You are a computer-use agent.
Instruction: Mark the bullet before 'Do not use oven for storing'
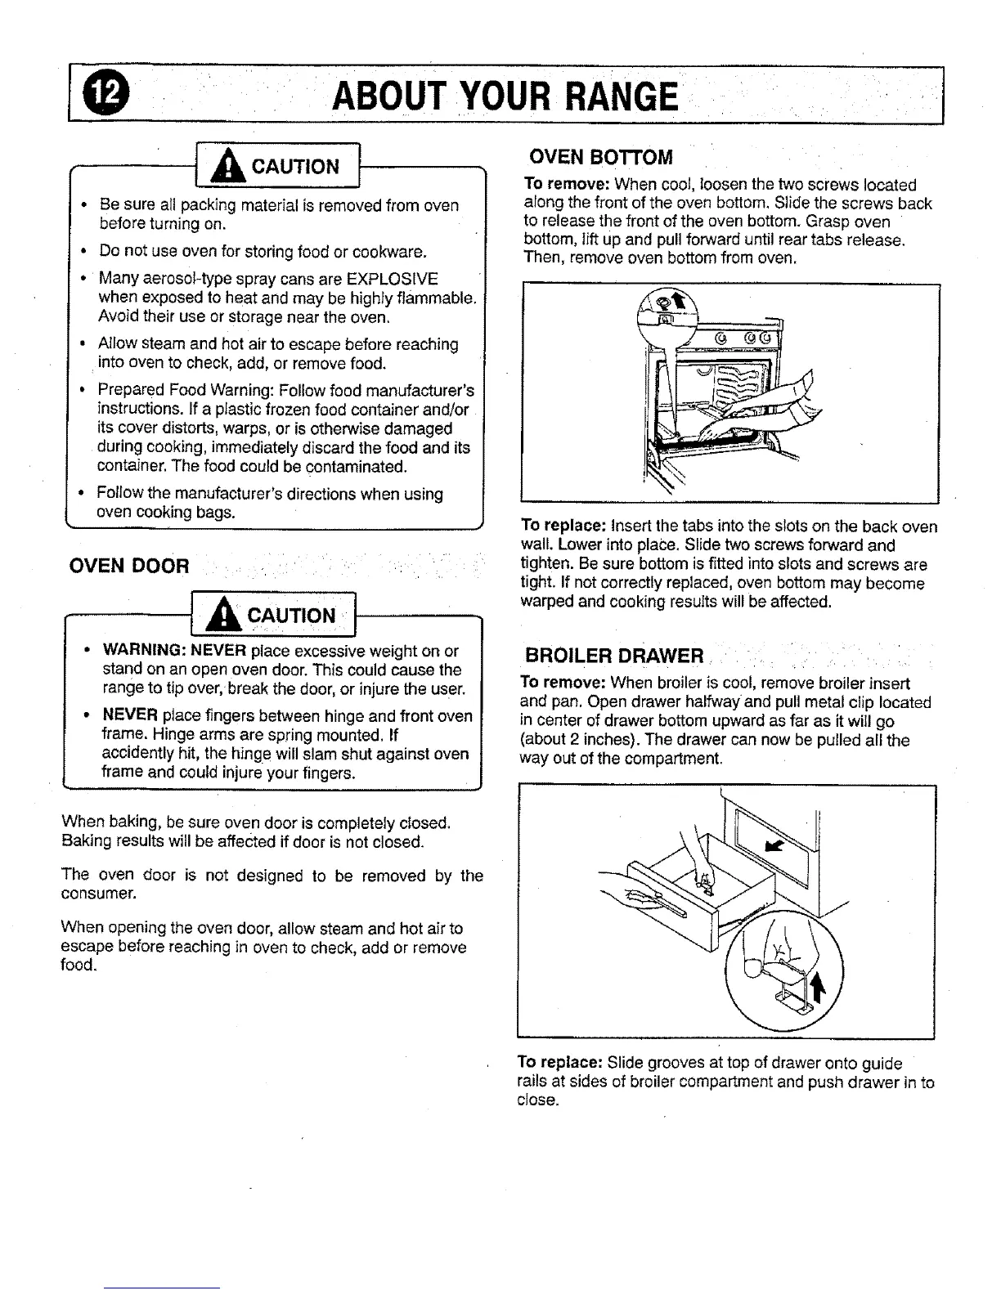pos(84,249)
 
